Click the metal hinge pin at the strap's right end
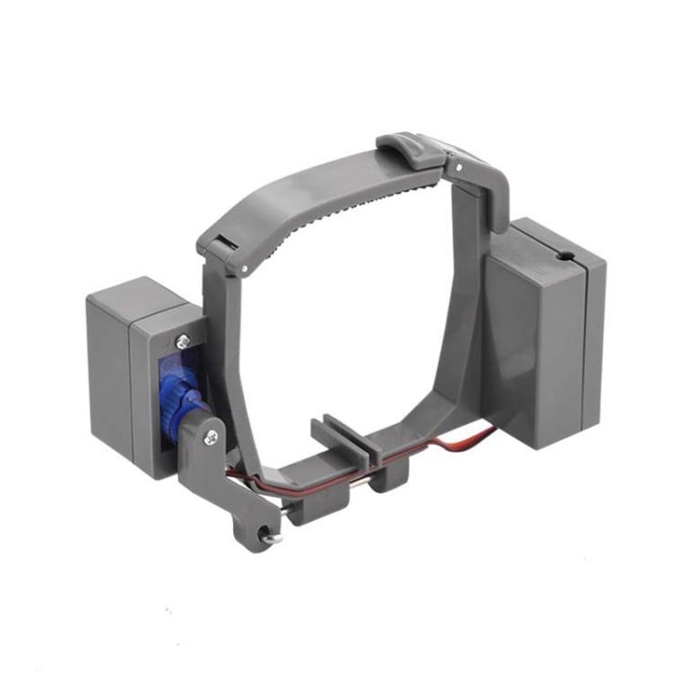pos(451,166)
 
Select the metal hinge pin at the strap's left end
pos(245,267)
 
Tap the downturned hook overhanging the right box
pos(497,196)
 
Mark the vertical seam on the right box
pos(584,356)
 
